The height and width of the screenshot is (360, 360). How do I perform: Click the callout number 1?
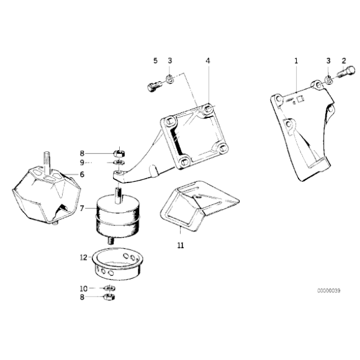coord(296,61)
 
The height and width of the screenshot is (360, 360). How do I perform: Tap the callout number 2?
coord(344,61)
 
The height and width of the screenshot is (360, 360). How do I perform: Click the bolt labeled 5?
coord(155,86)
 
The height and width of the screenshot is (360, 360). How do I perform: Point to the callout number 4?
coord(208,61)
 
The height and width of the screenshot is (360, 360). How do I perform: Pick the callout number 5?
coord(155,61)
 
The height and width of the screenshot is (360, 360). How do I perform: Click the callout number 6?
coord(82,174)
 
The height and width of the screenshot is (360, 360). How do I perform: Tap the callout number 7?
coord(82,209)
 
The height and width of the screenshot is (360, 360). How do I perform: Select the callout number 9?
coord(82,163)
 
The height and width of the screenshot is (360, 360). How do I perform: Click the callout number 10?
coord(84,289)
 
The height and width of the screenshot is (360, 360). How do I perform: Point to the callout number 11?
coord(181,245)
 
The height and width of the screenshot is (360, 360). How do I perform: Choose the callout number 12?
coord(84,258)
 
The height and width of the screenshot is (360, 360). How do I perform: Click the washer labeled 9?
coord(119,163)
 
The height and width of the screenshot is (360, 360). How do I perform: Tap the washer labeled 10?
coord(109,288)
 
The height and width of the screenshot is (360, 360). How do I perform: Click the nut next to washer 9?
coord(119,153)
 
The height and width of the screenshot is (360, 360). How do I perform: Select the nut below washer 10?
coord(109,297)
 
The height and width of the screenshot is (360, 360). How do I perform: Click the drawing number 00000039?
coord(329,290)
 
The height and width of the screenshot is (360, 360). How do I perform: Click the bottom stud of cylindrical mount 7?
coord(111,241)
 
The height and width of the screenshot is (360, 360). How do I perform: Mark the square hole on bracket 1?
coord(300,99)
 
